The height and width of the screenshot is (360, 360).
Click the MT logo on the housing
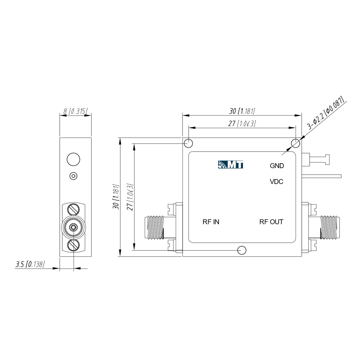click(x=230, y=165)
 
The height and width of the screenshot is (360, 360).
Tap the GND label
click(x=277, y=166)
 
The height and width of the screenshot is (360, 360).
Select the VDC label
click(x=276, y=182)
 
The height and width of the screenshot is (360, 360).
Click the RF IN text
click(x=211, y=222)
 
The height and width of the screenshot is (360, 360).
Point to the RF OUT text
click(x=271, y=222)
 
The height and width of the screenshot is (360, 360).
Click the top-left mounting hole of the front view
click(x=189, y=144)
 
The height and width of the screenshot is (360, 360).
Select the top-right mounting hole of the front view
click(x=296, y=144)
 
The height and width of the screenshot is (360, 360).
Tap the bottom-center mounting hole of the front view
click(x=242, y=250)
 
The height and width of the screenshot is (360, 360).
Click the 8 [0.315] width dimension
click(x=76, y=111)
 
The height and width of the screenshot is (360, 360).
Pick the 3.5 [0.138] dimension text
click(x=30, y=264)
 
